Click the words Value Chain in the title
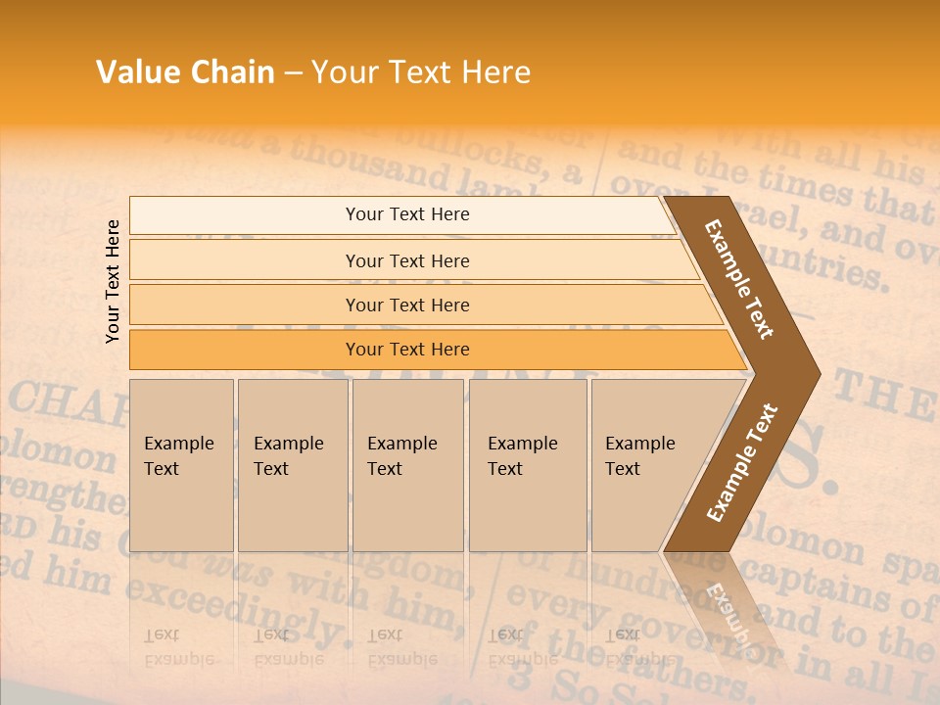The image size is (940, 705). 185,72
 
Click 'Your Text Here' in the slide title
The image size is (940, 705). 421,72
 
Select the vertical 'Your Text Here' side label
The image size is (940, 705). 113,281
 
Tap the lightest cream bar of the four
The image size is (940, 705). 406,214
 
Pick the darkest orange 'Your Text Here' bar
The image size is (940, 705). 406,350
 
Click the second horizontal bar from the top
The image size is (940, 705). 406,260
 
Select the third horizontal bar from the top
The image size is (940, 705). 406,305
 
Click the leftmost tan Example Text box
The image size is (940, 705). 181,464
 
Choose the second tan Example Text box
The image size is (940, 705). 292,464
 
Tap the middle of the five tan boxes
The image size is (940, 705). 407,464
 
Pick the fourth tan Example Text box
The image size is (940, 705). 528,464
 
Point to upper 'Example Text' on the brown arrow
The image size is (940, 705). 739,279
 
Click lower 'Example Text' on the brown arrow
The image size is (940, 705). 742,462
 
